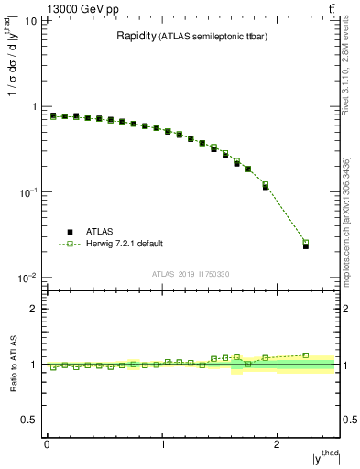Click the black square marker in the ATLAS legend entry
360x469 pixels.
[69, 233]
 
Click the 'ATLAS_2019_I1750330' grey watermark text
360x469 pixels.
[190, 273]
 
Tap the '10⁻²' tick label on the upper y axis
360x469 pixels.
[27, 278]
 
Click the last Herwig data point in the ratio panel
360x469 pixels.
[306, 355]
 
